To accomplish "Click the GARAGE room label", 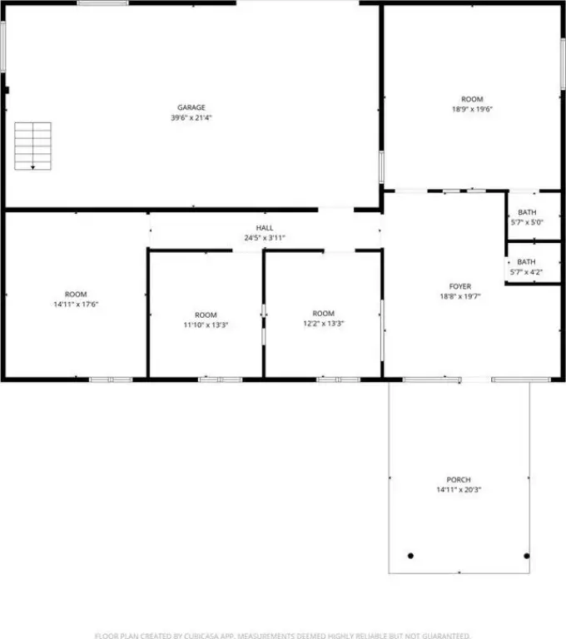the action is coord(191,107).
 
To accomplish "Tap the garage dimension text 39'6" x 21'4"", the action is coord(191,118).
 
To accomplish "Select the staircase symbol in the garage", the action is coord(32,146).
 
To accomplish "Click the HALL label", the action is coord(265,228).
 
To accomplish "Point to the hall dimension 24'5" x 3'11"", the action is coord(265,238).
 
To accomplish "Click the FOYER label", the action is coord(460,286).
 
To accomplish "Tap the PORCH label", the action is coord(459,479).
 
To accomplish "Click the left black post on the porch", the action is coord(410,556).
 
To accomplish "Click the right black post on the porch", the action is coord(526,556).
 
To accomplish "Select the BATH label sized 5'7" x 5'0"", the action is coord(527,212).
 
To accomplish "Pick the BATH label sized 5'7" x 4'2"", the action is coord(526,262).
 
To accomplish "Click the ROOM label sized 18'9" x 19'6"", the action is coord(472,100).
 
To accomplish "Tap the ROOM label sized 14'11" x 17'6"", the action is coord(76,295).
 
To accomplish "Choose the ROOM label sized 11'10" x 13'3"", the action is coord(206,315).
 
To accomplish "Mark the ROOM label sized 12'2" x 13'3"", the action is coord(324,314).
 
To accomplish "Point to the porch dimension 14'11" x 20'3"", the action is coord(459,490).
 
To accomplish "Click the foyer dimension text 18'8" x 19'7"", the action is coord(460,297).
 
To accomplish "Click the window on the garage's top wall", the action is coord(102,3).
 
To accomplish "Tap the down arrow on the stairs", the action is coord(32,167).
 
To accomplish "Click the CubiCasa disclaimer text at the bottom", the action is coord(282,636).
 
